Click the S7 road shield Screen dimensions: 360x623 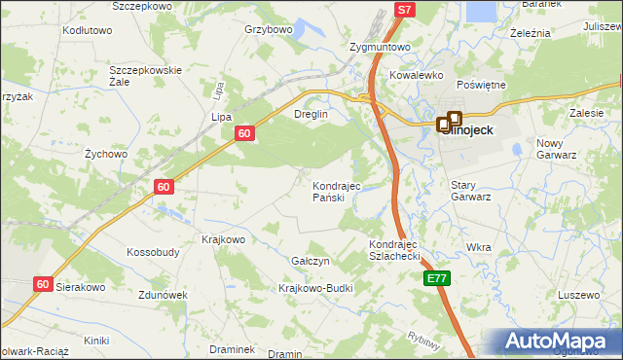[406, 10]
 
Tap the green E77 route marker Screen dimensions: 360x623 [437, 279]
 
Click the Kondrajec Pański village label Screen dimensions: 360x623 [336, 192]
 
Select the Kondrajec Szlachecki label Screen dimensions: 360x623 [392, 250]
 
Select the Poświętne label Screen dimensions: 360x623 [481, 85]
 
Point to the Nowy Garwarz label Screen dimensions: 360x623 [557, 148]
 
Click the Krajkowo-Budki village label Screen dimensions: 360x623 [315, 288]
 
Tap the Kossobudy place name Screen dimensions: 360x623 [153, 252]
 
